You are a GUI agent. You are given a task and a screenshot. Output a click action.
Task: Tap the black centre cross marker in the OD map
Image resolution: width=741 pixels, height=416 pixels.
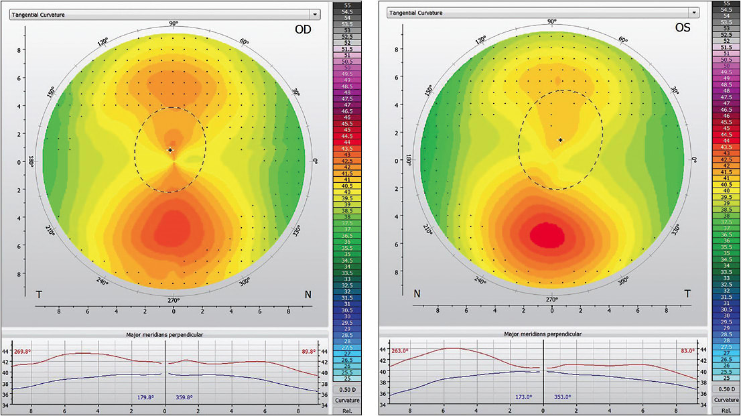point(170,150)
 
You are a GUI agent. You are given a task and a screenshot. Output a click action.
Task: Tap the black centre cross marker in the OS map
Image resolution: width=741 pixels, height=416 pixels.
point(560,140)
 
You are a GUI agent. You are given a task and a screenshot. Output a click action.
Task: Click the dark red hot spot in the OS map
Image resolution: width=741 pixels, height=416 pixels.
point(545,234)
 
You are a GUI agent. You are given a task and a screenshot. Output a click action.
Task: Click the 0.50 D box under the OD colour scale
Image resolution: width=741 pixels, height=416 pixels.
point(346,389)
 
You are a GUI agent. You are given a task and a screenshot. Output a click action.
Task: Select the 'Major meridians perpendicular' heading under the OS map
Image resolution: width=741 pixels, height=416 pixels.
point(543,334)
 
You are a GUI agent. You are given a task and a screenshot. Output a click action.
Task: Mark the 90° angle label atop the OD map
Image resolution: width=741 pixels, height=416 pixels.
point(174,24)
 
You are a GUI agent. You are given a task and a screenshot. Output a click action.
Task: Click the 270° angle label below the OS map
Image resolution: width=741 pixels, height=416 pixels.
point(552,299)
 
